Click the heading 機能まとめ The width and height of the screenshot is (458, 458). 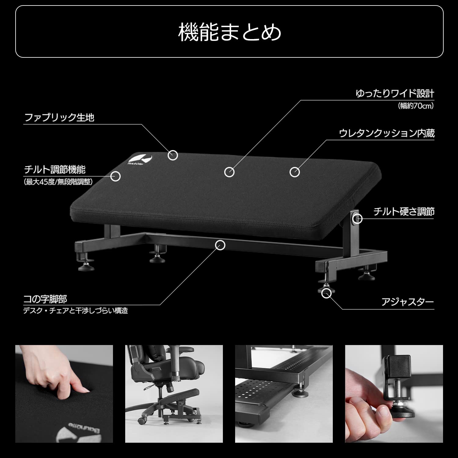point(229,32)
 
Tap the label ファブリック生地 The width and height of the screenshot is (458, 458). point(59,117)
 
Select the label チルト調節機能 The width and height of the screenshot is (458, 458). point(55,169)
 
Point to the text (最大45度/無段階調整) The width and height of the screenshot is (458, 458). point(58,182)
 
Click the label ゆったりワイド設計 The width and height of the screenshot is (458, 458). point(395,93)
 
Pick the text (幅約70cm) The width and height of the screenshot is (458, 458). point(416,106)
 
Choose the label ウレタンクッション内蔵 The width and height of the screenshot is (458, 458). point(387,133)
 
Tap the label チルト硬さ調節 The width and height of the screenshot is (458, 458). point(404,212)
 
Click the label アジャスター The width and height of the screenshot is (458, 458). point(407,302)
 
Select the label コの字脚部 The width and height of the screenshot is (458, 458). point(45,299)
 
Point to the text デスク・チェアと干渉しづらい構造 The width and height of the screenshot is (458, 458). point(76,311)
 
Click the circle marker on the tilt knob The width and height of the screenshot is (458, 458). point(358,219)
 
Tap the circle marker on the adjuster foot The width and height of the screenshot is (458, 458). point(326,293)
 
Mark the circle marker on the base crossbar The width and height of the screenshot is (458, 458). point(220,245)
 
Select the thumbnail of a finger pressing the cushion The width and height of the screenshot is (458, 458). point(64,394)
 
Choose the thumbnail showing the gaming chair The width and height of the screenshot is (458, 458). point(174,394)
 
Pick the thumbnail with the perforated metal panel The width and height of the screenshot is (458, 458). point(284,394)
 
